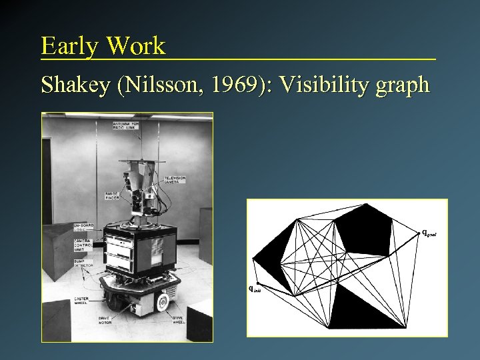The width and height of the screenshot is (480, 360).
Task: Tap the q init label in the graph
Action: [255, 289]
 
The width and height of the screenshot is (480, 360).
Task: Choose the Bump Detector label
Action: [83, 265]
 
